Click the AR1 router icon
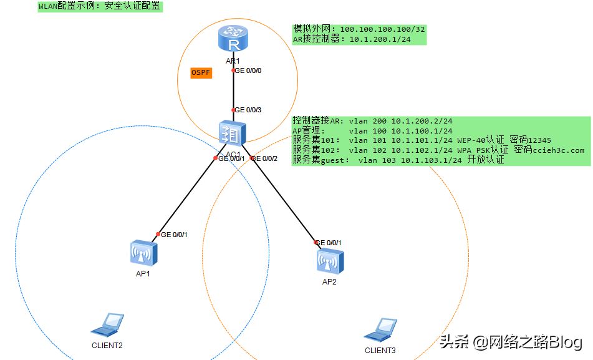(x=233, y=38)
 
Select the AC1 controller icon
(x=232, y=134)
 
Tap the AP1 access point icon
(x=143, y=253)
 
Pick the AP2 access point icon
(x=330, y=261)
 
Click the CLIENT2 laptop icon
(x=107, y=325)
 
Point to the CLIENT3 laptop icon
(x=380, y=330)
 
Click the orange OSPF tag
(x=201, y=72)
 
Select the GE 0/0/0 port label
(x=248, y=71)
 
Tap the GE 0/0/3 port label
(x=248, y=110)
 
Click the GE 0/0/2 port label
(x=264, y=158)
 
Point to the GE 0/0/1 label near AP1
(x=174, y=235)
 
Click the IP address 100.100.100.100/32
(x=382, y=29)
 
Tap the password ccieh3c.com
(x=558, y=150)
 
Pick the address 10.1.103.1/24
(x=431, y=160)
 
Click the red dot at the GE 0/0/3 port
(x=233, y=110)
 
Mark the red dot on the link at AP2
(x=316, y=242)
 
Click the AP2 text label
(x=329, y=281)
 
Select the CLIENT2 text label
(x=107, y=345)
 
